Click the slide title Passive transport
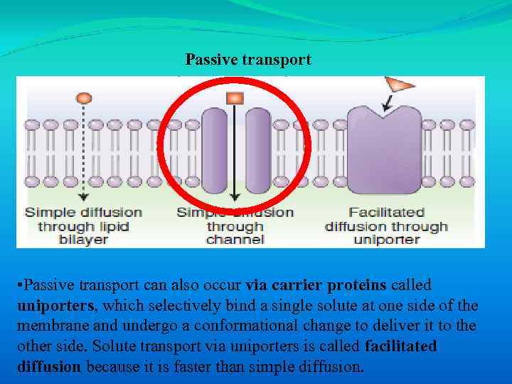pos(248,60)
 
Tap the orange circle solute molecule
pos(84,97)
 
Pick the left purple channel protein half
pos(214,150)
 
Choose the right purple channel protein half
pos(258,150)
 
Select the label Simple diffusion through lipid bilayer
pos(83,226)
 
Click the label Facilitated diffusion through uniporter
pos(387,226)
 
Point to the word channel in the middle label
pos(235,240)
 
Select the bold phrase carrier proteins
pos(329,285)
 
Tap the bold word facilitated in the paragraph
pos(400,347)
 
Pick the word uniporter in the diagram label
pos(387,240)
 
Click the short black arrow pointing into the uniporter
pos(386,104)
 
